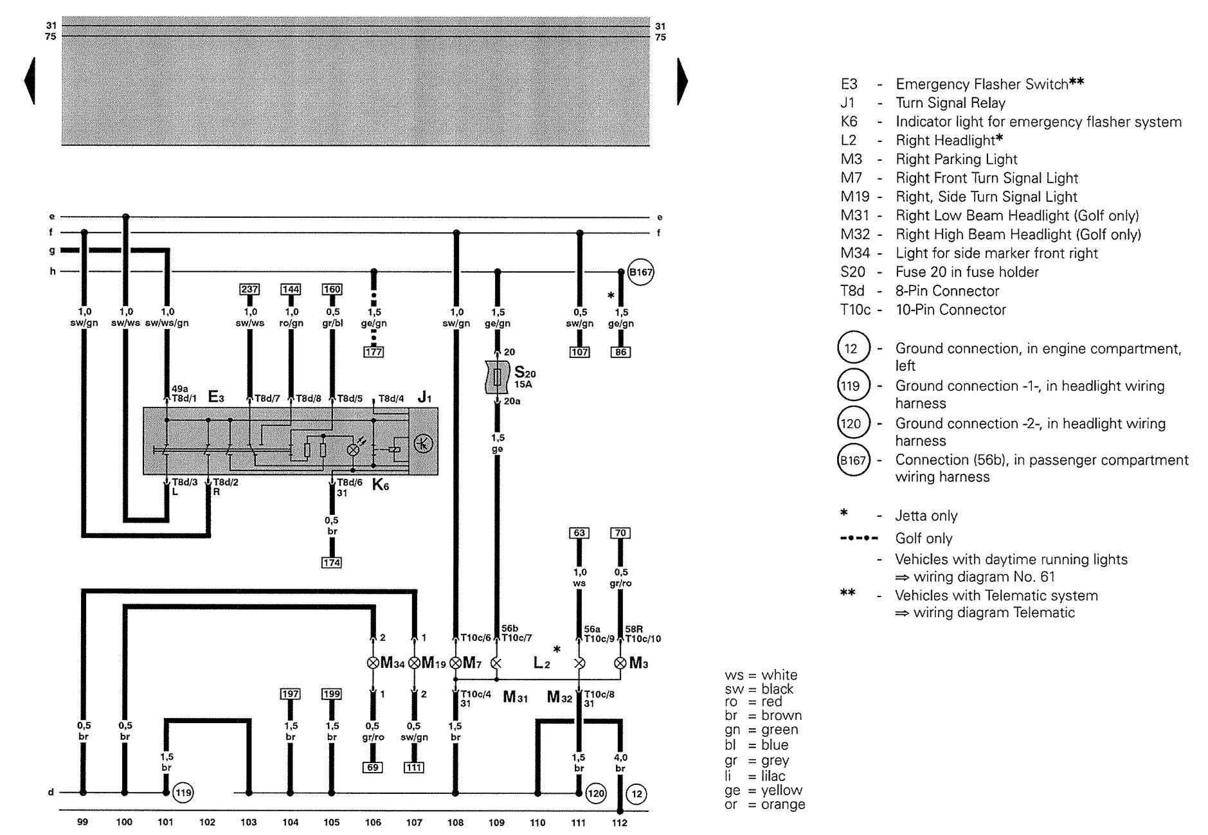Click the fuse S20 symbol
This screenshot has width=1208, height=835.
click(497, 377)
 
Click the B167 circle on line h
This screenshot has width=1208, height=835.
click(640, 273)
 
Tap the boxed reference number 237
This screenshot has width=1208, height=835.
click(249, 289)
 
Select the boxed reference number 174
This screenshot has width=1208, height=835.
click(332, 562)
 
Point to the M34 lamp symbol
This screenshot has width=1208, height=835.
click(373, 663)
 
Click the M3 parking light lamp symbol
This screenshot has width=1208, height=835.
click(620, 663)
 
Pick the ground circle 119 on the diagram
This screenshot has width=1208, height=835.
click(184, 793)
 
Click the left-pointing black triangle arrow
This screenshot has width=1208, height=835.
click(29, 81)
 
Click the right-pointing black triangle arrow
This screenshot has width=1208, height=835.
click(682, 81)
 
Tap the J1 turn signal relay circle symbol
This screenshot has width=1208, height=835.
click(423, 444)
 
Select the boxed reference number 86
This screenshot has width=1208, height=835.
click(620, 352)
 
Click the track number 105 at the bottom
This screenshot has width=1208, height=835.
click(331, 822)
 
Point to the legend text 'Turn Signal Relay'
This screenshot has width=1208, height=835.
click(950, 103)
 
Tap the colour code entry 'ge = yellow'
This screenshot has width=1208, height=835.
click(764, 790)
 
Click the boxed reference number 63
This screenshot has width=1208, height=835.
click(579, 533)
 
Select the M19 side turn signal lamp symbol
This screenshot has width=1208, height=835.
click(414, 663)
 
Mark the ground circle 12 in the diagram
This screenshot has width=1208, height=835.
click(636, 794)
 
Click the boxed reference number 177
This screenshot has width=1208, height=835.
click(373, 352)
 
